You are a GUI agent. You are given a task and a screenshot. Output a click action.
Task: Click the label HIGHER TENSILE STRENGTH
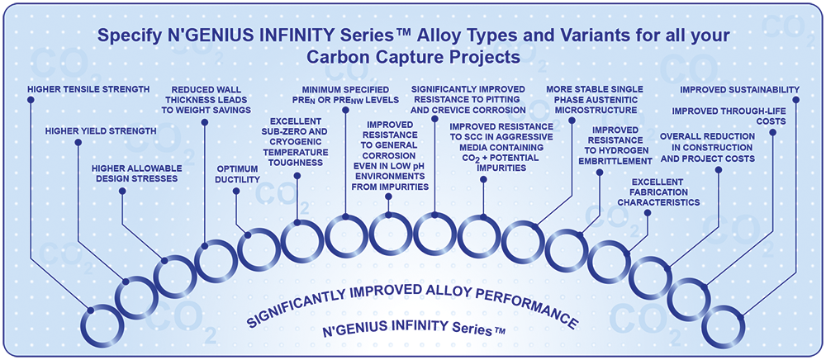click(88, 89)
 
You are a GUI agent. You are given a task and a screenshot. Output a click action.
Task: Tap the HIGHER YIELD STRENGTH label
click(101, 130)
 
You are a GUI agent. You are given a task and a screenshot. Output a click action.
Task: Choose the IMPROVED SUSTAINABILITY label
click(739, 90)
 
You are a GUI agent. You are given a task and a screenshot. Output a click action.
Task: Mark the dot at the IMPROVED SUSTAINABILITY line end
click(796, 100)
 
